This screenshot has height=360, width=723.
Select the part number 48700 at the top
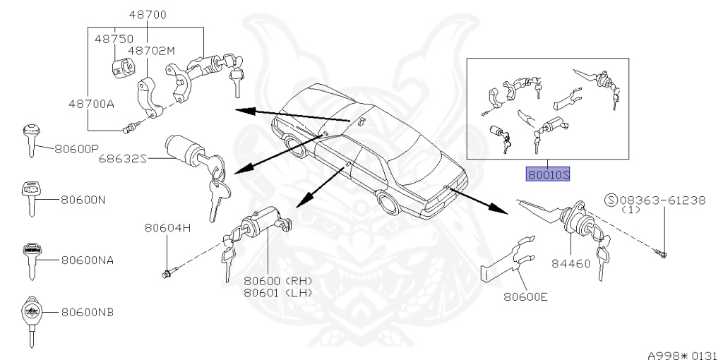pyautogui.click(x=147, y=14)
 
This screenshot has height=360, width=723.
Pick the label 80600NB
pyautogui.click(x=88, y=311)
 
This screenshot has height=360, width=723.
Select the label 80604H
pyautogui.click(x=168, y=228)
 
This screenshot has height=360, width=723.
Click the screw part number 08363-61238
pyautogui.click(x=662, y=200)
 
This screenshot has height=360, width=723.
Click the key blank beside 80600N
pyautogui.click(x=30, y=198)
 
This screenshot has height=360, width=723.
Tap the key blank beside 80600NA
pyautogui.click(x=31, y=260)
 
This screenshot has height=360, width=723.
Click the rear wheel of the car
pyautogui.click(x=387, y=203)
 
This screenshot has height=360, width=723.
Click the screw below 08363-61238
pyautogui.click(x=664, y=252)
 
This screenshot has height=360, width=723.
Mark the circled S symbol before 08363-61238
pyautogui.click(x=611, y=200)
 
